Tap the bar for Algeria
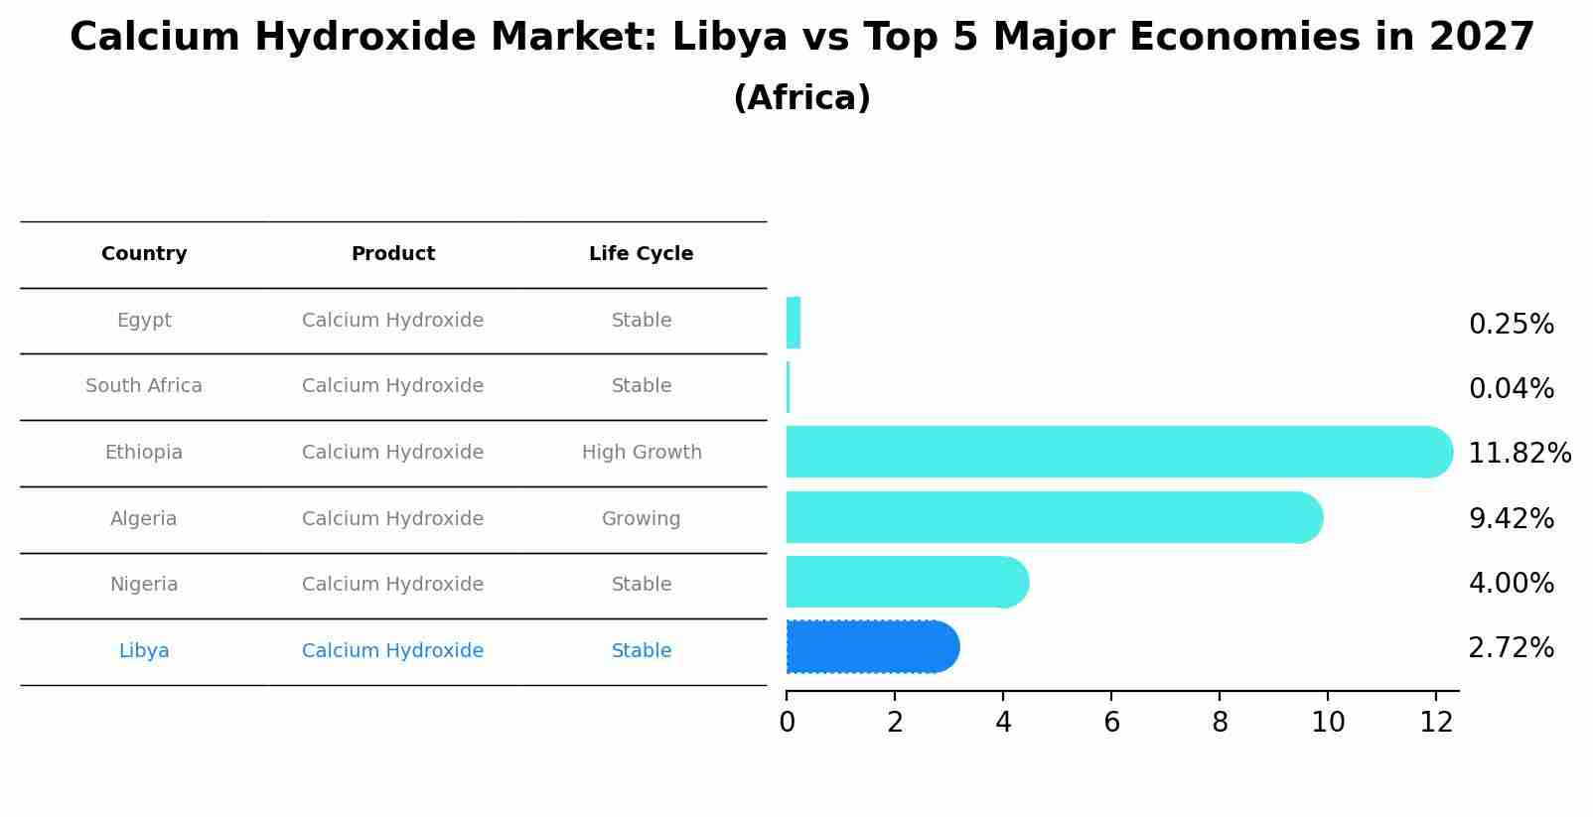point(1053,517)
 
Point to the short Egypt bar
point(793,323)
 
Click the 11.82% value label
point(1519,454)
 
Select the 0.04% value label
point(1511,389)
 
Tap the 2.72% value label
point(1511,648)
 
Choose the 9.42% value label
point(1511,518)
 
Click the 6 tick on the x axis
point(1111,722)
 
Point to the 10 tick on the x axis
point(1328,722)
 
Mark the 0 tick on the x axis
point(787,722)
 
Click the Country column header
point(144,254)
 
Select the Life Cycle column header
point(641,254)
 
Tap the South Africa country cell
point(144,386)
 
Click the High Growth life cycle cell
point(642,453)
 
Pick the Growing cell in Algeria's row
point(641,519)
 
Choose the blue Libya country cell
point(144,651)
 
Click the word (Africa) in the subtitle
point(801,98)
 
